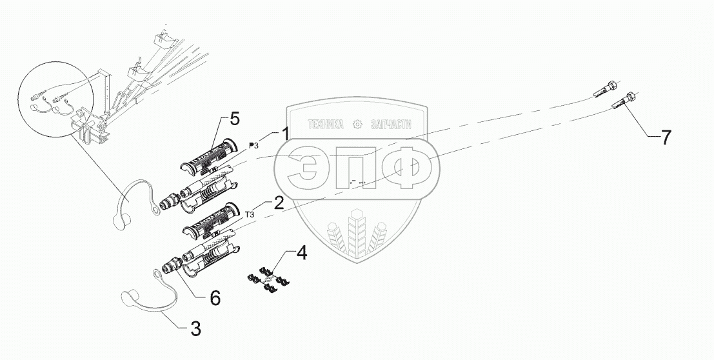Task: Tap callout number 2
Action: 279,204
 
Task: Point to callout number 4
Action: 302,252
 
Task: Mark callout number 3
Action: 194,328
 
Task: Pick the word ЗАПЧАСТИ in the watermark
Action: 390,125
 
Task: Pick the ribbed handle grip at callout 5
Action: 206,155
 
